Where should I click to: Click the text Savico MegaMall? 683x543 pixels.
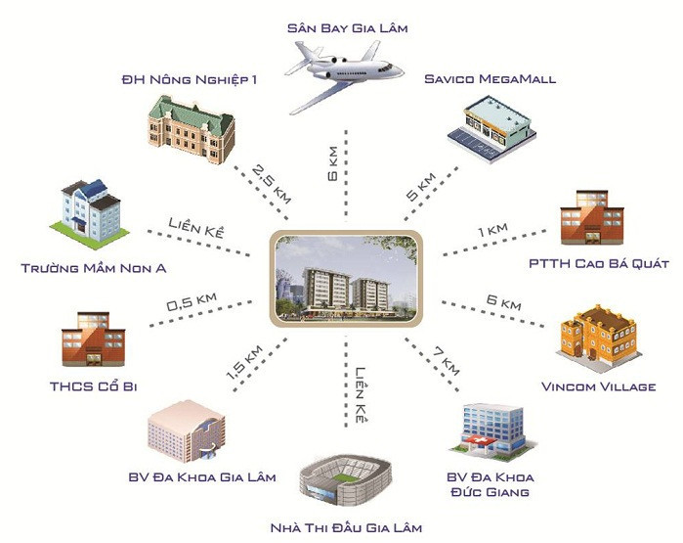pyautogui.click(x=491, y=78)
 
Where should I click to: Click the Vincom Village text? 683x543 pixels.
pyautogui.click(x=598, y=386)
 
